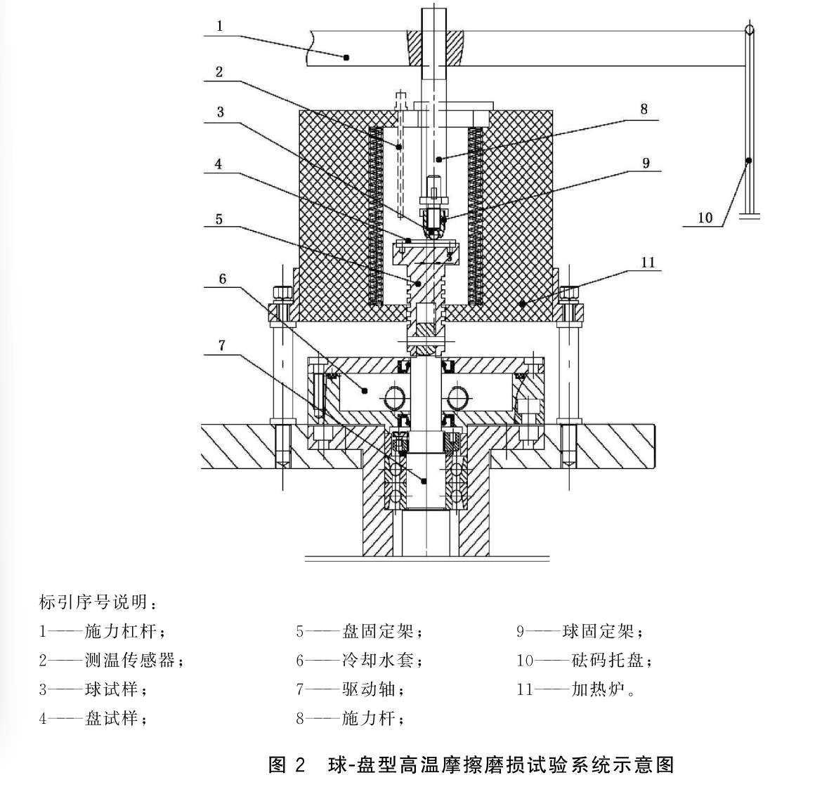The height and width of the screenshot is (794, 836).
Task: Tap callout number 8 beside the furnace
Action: point(644,109)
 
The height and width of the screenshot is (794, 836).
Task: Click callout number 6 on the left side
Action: point(223,279)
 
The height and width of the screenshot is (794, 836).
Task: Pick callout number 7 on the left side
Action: point(223,345)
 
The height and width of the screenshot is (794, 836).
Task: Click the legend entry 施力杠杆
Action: point(103,632)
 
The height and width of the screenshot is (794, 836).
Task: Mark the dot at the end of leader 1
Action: point(346,58)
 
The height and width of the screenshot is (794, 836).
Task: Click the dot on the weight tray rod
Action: point(748,161)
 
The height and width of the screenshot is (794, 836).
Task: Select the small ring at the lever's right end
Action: point(750,30)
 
